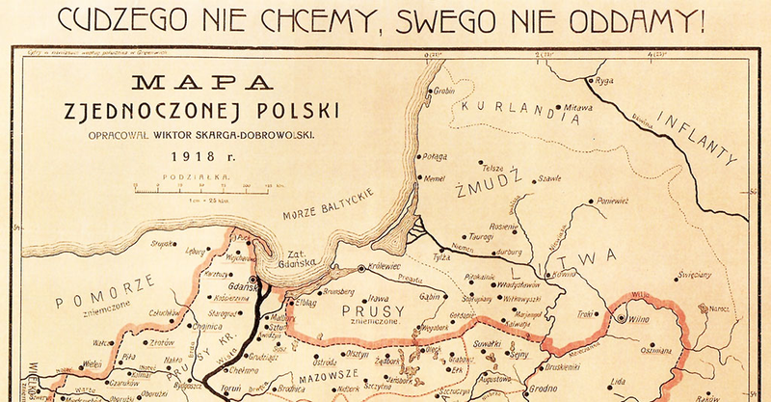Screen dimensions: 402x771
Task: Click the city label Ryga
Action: (x=605, y=80)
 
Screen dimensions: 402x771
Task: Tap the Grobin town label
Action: (x=444, y=92)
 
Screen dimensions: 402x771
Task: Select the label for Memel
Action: (x=437, y=179)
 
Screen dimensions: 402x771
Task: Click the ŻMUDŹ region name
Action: (x=498, y=178)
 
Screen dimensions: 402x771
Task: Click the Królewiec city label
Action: (x=385, y=268)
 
